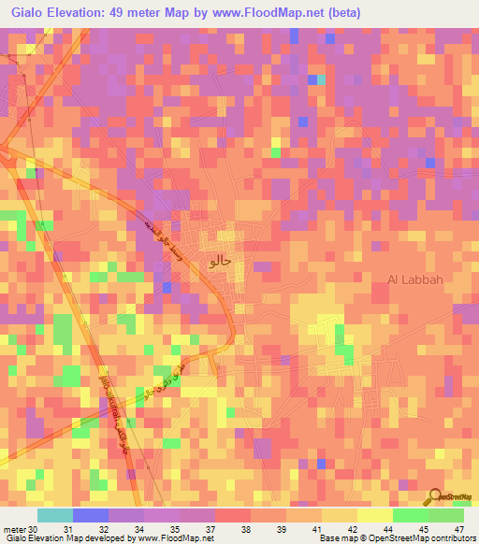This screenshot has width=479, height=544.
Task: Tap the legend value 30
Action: (x=34, y=530)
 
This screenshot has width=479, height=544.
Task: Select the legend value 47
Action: (x=460, y=530)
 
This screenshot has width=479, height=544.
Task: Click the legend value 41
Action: (x=318, y=530)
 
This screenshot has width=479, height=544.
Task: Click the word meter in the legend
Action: (x=14, y=530)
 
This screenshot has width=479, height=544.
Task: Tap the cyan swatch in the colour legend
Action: (x=54, y=515)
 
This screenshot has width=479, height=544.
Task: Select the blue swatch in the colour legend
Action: (x=90, y=515)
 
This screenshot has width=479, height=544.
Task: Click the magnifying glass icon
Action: (x=436, y=497)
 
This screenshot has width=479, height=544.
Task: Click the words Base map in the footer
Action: (x=336, y=539)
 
